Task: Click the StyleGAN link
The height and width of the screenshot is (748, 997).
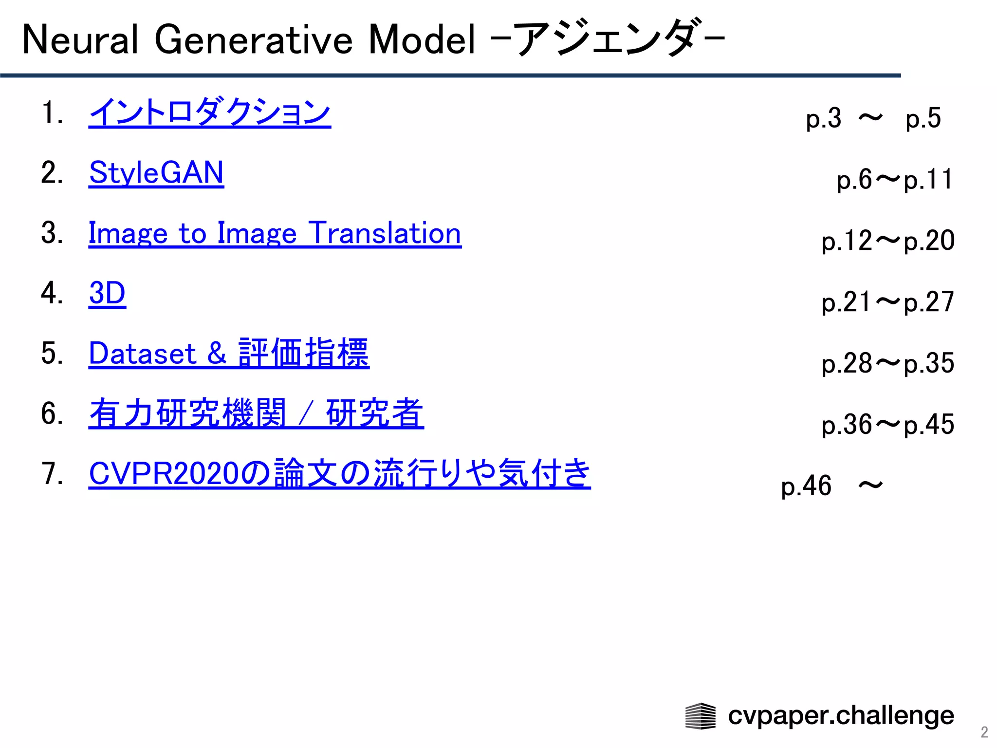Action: [156, 173]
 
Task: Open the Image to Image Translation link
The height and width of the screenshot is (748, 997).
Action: [275, 233]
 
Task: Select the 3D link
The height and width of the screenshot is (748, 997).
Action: [107, 293]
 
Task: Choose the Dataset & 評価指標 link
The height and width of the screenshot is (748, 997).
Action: [229, 353]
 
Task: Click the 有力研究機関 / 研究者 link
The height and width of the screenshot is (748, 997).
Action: [256, 413]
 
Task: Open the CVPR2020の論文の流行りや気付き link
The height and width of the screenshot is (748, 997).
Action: [339, 473]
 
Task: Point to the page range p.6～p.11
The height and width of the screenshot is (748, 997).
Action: [895, 179]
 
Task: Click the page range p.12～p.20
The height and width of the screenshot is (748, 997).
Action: [888, 241]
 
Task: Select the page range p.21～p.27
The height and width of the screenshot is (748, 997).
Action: [888, 302]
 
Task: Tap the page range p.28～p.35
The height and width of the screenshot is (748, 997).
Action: [888, 363]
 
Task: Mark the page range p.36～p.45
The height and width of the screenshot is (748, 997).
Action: [888, 425]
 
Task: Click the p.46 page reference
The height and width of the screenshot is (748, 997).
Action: [806, 486]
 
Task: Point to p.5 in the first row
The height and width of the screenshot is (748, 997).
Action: [923, 118]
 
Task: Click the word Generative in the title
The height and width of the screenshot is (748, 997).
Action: [253, 40]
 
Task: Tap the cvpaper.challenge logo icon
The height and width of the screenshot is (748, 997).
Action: [700, 716]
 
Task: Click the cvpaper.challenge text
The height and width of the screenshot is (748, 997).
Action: [841, 716]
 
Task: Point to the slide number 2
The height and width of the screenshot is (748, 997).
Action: [984, 732]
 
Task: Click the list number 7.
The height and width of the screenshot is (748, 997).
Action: [52, 474]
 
